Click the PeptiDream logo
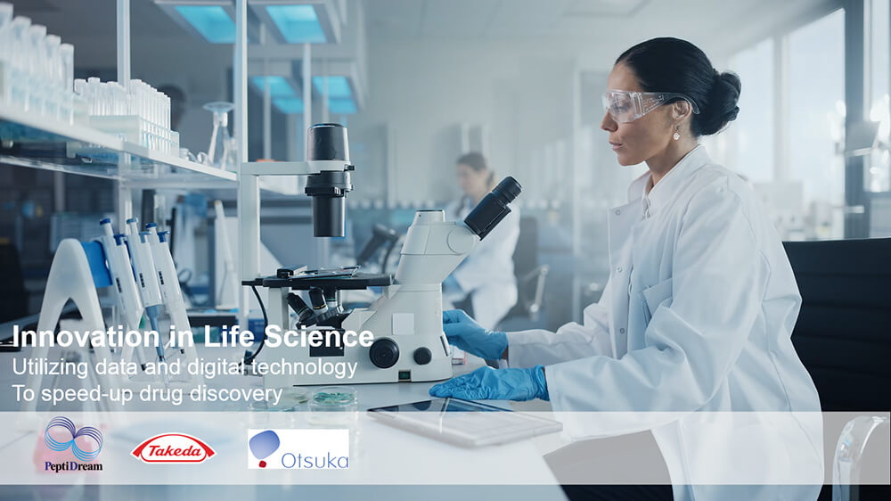tap(74, 444)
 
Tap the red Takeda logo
tap(174, 448)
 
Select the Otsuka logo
tap(298, 448)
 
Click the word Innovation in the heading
tap(86, 336)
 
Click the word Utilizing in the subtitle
tap(51, 368)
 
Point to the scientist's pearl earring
tap(677, 135)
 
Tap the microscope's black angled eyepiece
tap(493, 207)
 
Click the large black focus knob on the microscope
tap(384, 353)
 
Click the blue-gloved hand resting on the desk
tap(489, 384)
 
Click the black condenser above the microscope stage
tap(329, 180)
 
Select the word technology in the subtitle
tap(304, 368)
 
